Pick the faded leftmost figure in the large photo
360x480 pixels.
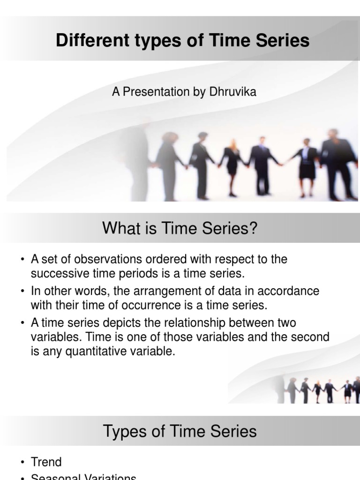coord(138,159)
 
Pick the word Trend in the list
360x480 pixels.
coord(46,462)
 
